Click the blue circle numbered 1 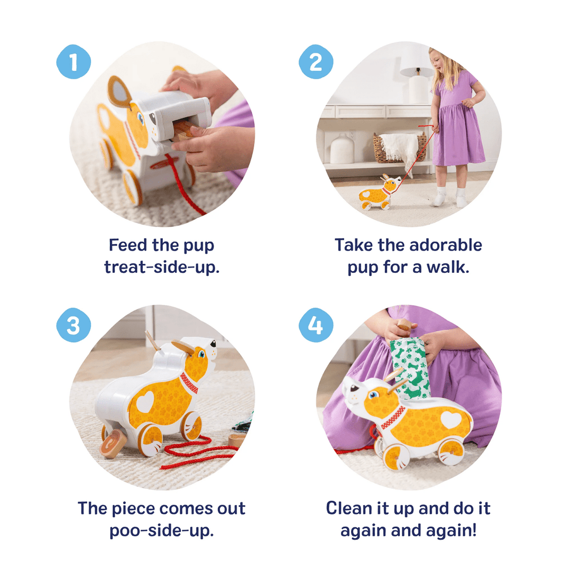coord(73,63)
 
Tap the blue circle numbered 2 coord(316,63)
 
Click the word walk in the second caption coord(449,267)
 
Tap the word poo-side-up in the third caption coord(161,530)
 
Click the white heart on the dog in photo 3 coord(145,402)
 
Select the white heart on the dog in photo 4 coord(450,420)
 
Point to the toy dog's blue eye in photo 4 coord(374,394)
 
